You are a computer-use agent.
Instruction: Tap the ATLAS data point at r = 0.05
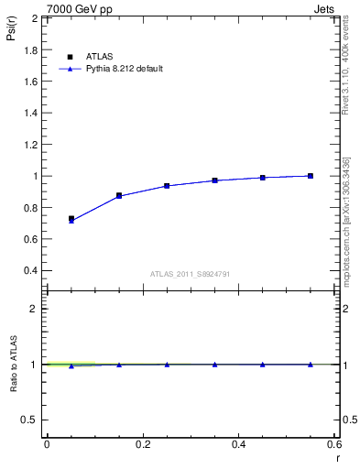click(71, 219)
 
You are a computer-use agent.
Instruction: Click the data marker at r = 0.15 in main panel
click(119, 195)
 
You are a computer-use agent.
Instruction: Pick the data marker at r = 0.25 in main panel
click(167, 185)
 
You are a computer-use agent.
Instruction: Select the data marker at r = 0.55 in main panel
click(311, 176)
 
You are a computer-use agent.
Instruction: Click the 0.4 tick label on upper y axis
click(31, 271)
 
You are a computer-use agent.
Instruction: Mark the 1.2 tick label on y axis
click(31, 145)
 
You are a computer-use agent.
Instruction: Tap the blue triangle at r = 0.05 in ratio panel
click(71, 365)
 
